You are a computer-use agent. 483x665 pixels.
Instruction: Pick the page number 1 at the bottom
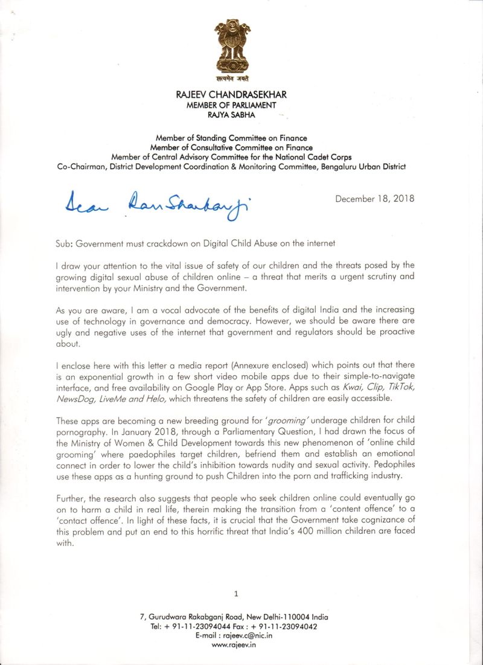pos(236,594)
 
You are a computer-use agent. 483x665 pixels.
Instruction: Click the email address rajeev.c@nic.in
pos(250,635)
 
